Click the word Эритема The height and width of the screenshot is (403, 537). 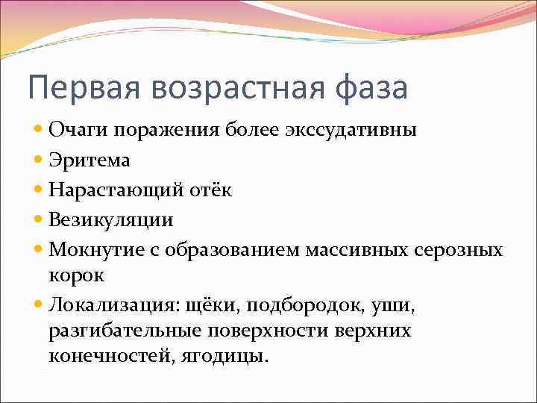79,160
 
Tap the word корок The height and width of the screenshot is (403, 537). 76,274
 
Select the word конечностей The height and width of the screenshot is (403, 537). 109,355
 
